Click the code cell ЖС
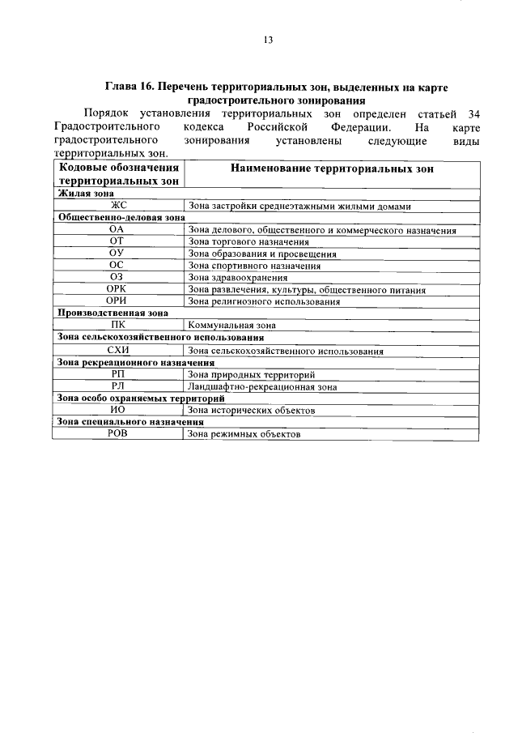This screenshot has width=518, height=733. tap(118, 207)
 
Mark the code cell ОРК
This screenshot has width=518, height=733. tap(118, 289)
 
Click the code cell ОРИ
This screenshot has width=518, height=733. tap(118, 301)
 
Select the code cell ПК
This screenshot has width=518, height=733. tap(118, 325)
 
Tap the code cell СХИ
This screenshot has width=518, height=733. tap(118, 351)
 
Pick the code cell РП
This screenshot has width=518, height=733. tap(118, 375)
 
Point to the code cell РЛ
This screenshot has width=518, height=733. tap(118, 387)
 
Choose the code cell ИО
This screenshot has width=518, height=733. tap(118, 411)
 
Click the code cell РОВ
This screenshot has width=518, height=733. tap(118, 434)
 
